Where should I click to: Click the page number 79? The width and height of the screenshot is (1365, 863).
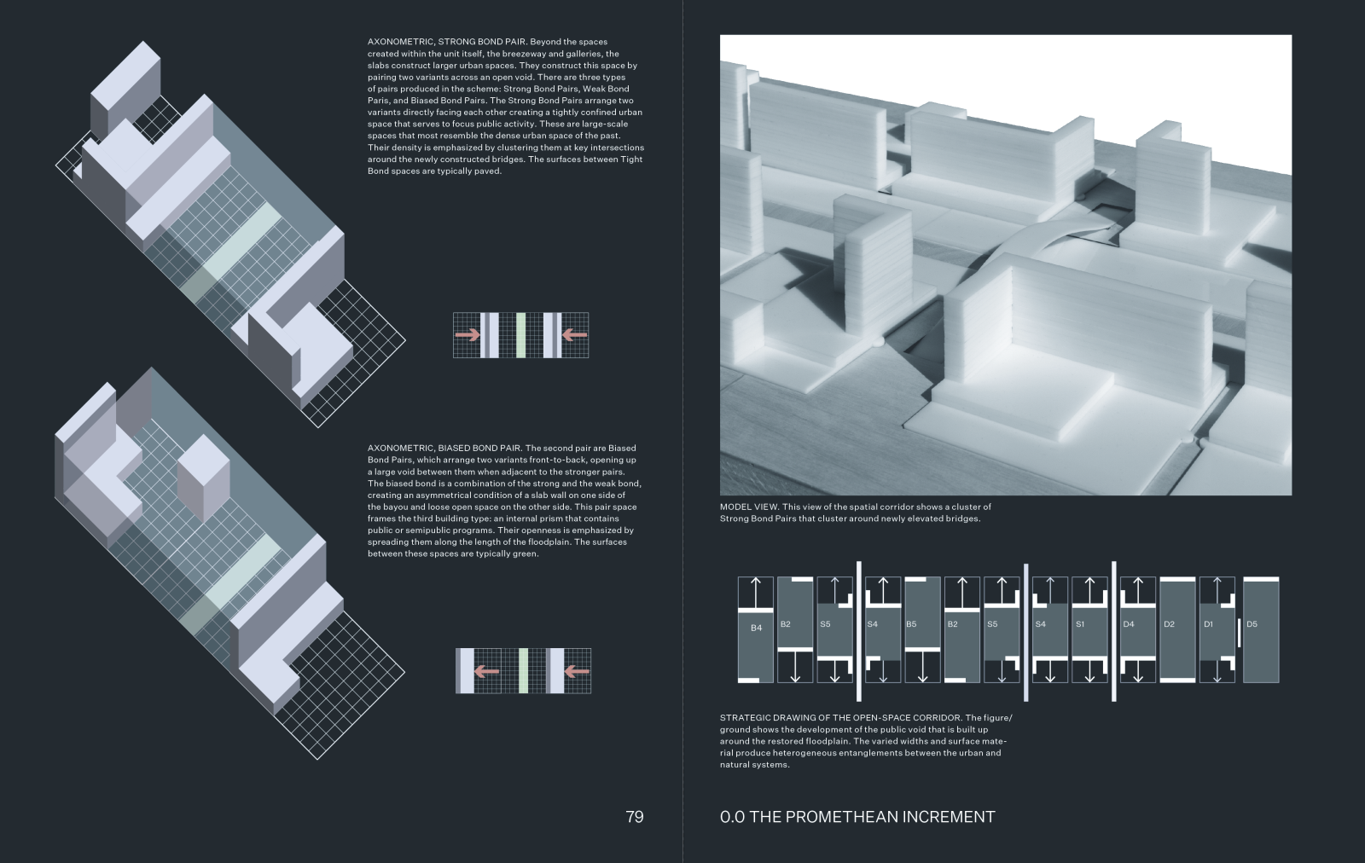(634, 817)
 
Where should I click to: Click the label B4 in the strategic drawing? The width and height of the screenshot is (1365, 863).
(756, 628)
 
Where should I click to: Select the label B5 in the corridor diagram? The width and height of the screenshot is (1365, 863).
(911, 624)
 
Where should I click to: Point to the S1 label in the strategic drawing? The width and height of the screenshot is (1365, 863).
(1080, 624)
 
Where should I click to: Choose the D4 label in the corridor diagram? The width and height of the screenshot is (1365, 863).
(1129, 624)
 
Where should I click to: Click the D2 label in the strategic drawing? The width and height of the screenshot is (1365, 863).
(1169, 624)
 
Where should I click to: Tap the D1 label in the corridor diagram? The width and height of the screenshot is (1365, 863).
(1208, 624)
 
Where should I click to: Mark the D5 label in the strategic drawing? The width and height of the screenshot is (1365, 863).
(1252, 624)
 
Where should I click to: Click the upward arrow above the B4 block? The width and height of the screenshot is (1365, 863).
(756, 592)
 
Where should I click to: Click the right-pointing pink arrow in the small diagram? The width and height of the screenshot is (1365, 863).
(467, 335)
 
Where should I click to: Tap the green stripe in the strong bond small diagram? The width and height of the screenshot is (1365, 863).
(520, 335)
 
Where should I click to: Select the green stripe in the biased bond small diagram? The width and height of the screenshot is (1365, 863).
(523, 670)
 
